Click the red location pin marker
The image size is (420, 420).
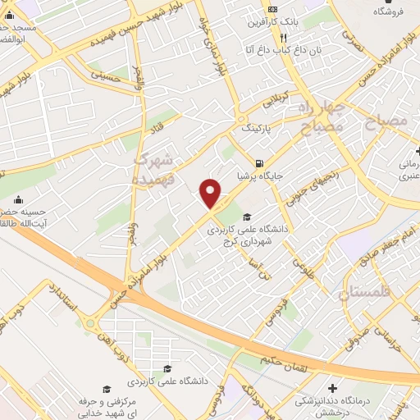pyautogui.click(x=211, y=192)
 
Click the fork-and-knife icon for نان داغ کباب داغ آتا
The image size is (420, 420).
pyautogui.click(x=284, y=38)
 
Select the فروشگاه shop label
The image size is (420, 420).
pyautogui.click(x=393, y=11)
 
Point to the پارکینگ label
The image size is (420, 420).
pyautogui.click(x=256, y=129)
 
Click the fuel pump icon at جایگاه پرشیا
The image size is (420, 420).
pyautogui.click(x=259, y=162)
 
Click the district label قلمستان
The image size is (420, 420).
pyautogui.click(x=367, y=293)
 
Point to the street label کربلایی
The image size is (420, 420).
pyautogui.click(x=276, y=103)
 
